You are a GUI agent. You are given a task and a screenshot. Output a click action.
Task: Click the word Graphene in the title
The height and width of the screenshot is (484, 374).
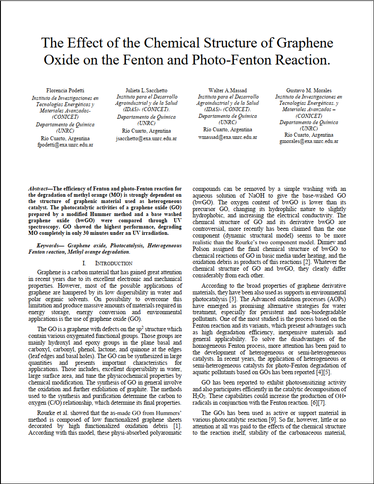[x=305, y=43]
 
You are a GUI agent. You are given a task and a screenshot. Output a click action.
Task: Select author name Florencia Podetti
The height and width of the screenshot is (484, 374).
[x=65, y=91]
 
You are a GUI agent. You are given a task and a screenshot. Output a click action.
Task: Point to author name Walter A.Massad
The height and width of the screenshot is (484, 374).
[x=228, y=91]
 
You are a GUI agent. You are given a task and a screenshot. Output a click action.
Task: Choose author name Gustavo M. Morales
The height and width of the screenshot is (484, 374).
[x=309, y=91]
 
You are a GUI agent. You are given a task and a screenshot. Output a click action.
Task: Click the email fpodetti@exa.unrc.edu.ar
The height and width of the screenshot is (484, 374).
[x=65, y=145]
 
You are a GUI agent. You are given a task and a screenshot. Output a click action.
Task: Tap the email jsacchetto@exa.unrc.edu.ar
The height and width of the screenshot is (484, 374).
[x=146, y=138]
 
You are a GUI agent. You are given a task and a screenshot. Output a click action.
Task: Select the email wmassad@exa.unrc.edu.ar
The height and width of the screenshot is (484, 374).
[x=228, y=137]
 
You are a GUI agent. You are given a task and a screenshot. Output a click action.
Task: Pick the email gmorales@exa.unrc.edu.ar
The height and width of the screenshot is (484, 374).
[x=309, y=141]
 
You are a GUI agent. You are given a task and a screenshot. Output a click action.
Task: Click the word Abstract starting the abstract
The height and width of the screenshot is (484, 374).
[x=39, y=189]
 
